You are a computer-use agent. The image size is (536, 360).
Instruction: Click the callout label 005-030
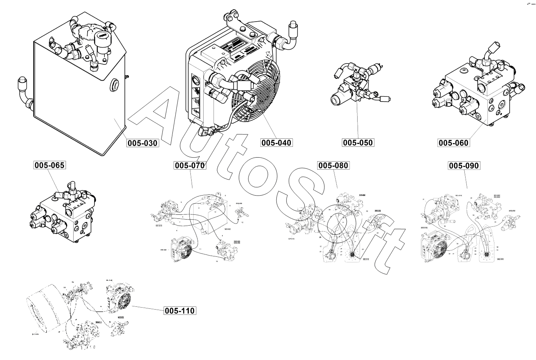(x=143, y=143)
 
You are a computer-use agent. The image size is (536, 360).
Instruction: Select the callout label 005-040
(x=276, y=142)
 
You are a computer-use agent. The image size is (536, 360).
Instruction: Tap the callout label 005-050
(x=358, y=142)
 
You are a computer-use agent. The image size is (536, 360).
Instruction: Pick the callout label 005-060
(x=453, y=143)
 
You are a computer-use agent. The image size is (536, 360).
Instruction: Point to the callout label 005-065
(x=49, y=165)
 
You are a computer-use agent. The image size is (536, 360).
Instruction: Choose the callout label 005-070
(x=190, y=165)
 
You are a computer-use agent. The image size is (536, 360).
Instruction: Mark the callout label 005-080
(x=333, y=165)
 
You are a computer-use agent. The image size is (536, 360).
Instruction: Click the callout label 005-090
(x=464, y=165)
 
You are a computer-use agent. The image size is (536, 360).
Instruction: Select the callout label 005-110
(x=180, y=310)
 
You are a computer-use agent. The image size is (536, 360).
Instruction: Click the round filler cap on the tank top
(x=102, y=37)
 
